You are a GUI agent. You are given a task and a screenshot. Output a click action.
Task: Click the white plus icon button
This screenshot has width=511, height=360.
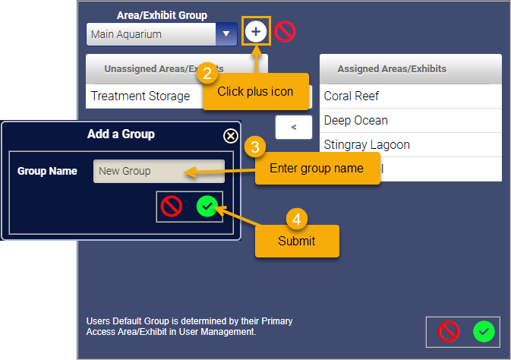(x=256, y=31)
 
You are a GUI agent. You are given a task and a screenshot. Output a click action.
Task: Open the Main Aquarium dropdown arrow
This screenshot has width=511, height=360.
(x=226, y=34)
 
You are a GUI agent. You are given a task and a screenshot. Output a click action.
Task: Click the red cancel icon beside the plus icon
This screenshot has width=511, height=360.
(x=285, y=32)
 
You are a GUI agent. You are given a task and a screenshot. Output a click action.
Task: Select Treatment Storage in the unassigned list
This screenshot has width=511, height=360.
(x=140, y=96)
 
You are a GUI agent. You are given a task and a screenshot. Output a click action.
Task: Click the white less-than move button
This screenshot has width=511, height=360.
(x=294, y=127)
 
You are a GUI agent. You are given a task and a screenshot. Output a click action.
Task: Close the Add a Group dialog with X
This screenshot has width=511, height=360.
(x=231, y=136)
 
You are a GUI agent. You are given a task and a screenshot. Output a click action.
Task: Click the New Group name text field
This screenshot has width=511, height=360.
(x=159, y=171)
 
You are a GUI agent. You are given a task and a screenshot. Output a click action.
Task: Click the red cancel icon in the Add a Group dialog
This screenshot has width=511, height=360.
(x=172, y=207)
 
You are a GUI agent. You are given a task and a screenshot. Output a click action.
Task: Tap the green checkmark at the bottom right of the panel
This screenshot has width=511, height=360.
(x=484, y=332)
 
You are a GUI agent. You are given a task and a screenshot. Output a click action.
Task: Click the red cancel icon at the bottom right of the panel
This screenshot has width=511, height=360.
(x=449, y=332)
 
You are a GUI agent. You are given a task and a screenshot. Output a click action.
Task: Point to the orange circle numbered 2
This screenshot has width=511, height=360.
(x=207, y=73)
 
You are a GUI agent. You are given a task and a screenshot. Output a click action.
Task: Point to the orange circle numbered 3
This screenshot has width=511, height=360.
(x=255, y=147)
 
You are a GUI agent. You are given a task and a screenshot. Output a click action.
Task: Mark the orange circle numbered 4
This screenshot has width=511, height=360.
(x=297, y=219)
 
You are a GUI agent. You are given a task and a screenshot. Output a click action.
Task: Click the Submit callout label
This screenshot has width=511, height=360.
(x=297, y=242)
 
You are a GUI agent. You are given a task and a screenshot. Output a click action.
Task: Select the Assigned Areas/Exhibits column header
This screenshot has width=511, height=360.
(x=392, y=69)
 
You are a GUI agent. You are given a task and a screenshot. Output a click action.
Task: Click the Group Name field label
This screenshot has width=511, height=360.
(x=47, y=171)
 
